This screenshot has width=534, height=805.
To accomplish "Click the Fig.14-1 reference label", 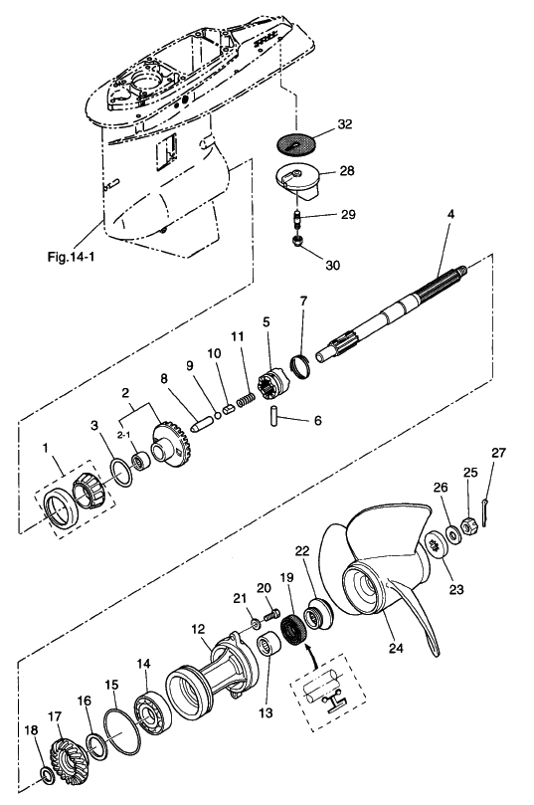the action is point(71,257).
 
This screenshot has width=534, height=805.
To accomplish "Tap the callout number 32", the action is point(345,124).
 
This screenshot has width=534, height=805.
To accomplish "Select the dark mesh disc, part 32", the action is point(296,143).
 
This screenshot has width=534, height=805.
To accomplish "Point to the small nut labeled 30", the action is point(296,240).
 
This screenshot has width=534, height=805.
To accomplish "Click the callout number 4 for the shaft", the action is point(450,215).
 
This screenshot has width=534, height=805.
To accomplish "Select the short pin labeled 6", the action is point(273,415).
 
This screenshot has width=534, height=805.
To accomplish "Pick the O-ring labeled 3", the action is point(121,473).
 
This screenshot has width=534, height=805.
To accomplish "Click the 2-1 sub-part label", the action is point(123,435).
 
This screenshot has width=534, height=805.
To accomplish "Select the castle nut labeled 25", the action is point(468,525).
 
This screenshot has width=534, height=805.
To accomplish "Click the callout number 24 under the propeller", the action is point(396,648).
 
